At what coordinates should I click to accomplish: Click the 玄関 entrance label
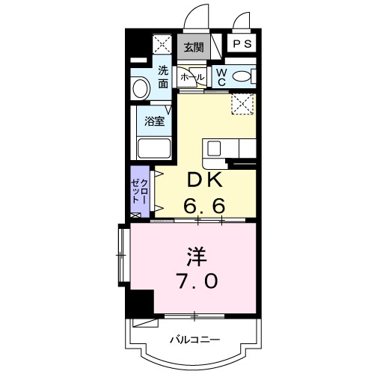coord(193,47)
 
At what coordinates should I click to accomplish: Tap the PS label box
coord(242,45)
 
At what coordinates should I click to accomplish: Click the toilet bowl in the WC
coord(242,76)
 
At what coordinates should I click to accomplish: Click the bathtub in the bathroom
coord(154,147)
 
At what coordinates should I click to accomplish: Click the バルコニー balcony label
coord(194,340)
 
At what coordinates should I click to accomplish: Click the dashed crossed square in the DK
coord(242,104)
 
